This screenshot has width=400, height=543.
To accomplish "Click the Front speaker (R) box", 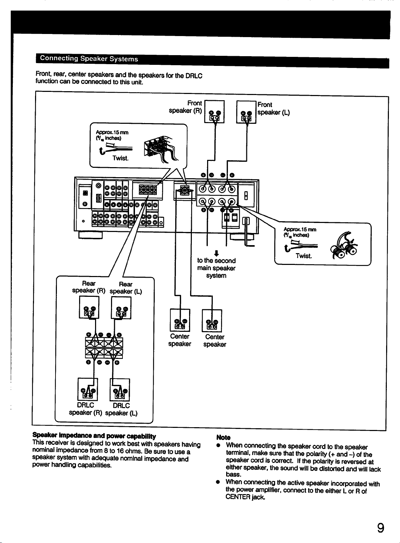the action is pyautogui.click(x=214, y=112).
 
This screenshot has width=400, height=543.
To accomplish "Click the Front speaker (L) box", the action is pyautogui.click(x=246, y=112).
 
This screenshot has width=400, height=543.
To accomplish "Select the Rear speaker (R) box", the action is pyautogui.click(x=89, y=307).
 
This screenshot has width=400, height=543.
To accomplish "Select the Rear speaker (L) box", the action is pyautogui.click(x=121, y=308).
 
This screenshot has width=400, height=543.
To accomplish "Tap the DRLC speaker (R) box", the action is pyautogui.click(x=87, y=389).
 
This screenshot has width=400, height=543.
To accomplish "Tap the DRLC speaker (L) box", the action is pyautogui.click(x=120, y=390).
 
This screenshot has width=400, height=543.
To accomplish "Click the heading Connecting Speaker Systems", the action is pyautogui.click(x=89, y=59).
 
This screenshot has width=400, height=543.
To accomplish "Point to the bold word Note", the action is pyautogui.click(x=223, y=438).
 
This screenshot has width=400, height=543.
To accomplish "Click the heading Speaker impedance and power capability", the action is pyautogui.click(x=94, y=436).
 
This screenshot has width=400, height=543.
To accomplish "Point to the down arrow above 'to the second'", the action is pyautogui.click(x=216, y=253).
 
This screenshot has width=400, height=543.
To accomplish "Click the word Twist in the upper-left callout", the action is pyautogui.click(x=120, y=158).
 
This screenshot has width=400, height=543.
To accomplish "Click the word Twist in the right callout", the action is pyautogui.click(x=304, y=256).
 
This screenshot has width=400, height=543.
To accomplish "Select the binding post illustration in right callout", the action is pyautogui.click(x=344, y=245).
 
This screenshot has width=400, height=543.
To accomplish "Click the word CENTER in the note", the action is pyautogui.click(x=238, y=497).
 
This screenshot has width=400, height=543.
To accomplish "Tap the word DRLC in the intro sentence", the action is pyautogui.click(x=194, y=76).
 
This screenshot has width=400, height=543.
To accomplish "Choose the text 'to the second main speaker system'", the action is pyautogui.click(x=216, y=268).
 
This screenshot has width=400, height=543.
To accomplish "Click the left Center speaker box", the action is pyautogui.click(x=180, y=320).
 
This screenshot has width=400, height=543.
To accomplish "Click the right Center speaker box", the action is pyautogui.click(x=212, y=320).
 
